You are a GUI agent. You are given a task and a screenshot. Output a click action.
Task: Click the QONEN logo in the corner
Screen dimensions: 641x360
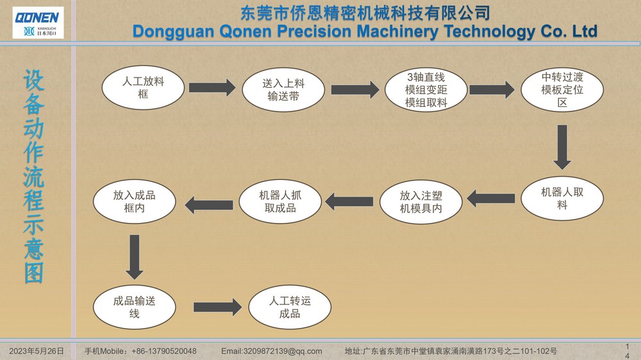(x=38, y=23)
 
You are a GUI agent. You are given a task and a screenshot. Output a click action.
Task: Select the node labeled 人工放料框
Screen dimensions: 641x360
(x=143, y=88)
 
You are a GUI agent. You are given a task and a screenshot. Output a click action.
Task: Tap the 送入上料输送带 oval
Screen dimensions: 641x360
(x=283, y=90)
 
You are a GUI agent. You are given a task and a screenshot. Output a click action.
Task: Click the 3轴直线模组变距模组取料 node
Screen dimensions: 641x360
(x=426, y=90)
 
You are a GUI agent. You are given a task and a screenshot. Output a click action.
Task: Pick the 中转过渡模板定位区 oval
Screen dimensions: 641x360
(x=562, y=90)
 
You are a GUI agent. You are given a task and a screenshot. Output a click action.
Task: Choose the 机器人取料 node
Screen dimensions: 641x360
(x=562, y=198)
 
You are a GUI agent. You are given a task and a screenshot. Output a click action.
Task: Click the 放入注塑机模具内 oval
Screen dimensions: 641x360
(x=421, y=202)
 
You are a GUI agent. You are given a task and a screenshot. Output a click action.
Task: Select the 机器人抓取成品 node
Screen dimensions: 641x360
(x=280, y=201)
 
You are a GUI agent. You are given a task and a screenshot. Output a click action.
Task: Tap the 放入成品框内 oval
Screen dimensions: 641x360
(x=135, y=201)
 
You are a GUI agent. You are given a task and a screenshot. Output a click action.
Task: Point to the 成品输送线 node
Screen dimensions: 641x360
(x=135, y=307)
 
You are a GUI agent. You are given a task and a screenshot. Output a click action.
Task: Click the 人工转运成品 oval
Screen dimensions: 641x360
(x=290, y=307)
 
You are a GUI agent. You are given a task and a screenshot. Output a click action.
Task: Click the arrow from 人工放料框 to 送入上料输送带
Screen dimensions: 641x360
(x=212, y=88)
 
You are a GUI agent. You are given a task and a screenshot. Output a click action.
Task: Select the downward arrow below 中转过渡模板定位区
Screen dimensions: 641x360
(x=562, y=147)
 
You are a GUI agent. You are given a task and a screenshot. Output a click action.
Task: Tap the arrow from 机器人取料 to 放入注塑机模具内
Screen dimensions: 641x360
(x=490, y=199)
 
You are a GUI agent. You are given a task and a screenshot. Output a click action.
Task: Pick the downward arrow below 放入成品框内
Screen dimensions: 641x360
(x=135, y=257)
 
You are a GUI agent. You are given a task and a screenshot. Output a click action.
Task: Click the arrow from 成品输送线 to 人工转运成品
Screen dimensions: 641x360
(x=217, y=307)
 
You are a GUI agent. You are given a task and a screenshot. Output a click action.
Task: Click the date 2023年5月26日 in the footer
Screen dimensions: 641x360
(x=37, y=351)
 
